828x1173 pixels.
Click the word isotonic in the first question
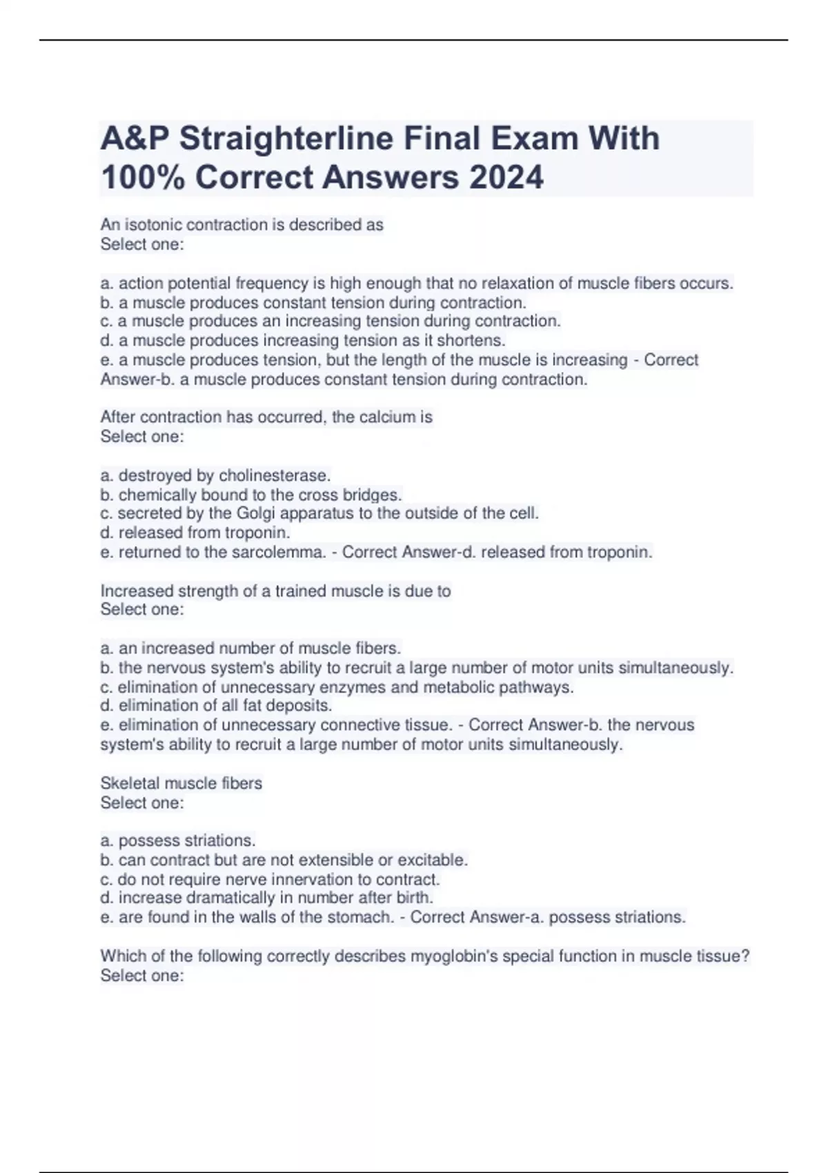click(153, 225)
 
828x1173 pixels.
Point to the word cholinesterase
click(275, 475)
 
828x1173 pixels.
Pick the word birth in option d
click(413, 898)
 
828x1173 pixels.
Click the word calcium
click(386, 417)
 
